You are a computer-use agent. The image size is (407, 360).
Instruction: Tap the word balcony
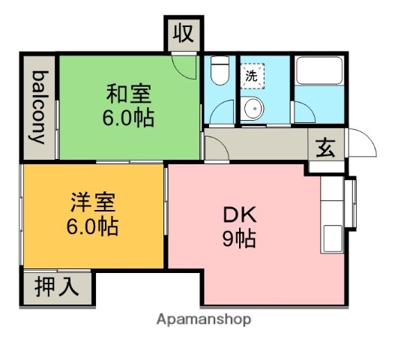40,107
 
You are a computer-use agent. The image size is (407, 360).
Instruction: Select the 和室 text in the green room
128,94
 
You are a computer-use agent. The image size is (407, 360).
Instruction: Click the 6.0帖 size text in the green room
128,118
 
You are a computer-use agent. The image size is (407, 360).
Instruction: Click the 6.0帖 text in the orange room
93,226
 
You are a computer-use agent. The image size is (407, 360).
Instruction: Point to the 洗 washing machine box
253,75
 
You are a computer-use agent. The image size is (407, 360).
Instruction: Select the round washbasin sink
255,109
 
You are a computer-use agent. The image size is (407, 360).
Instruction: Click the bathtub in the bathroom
319,71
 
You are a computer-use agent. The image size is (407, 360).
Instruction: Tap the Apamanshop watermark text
204,318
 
